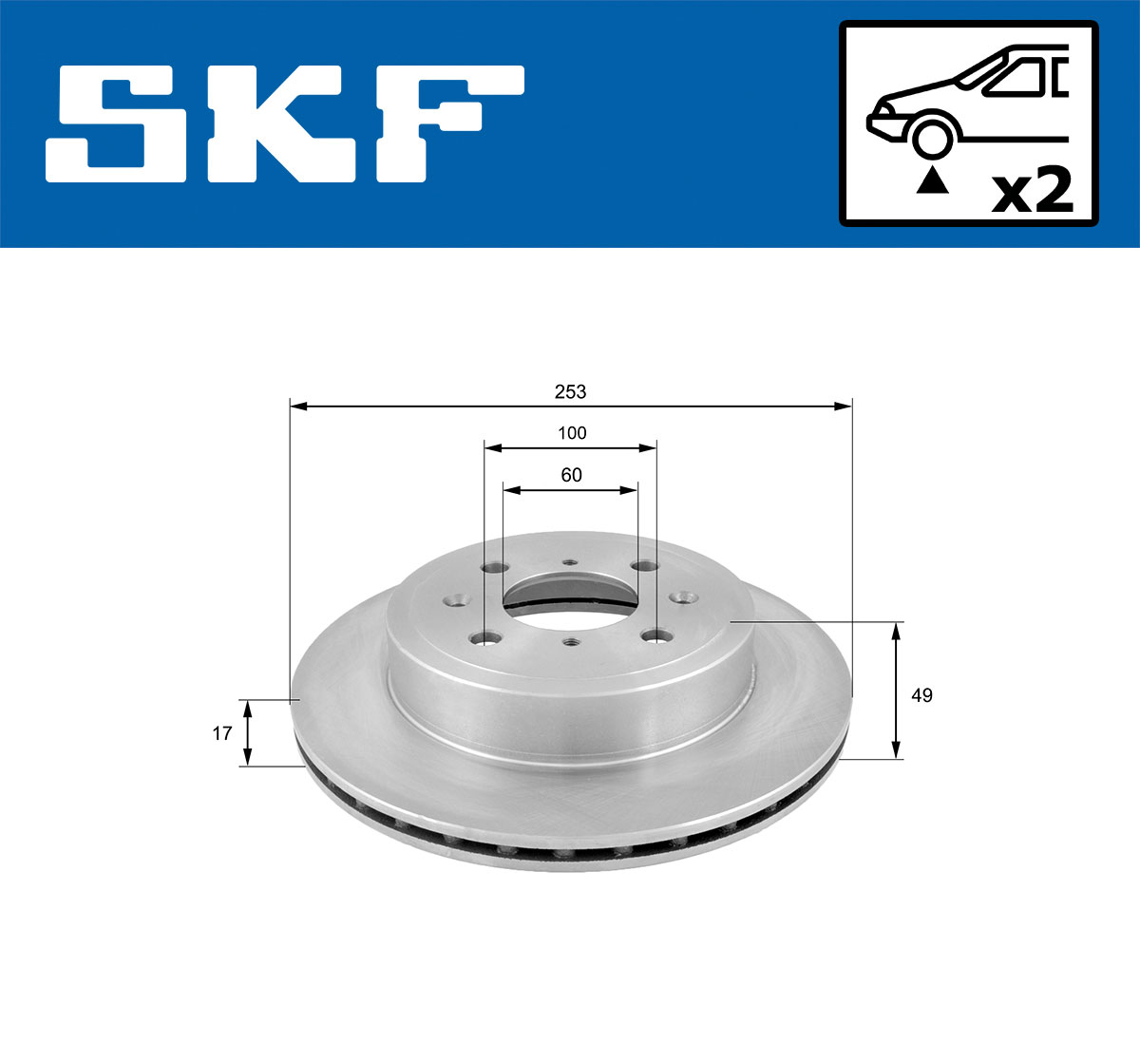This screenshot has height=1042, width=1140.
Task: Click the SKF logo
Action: tap(285, 123)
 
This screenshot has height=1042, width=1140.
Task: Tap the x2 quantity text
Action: tap(1031, 190)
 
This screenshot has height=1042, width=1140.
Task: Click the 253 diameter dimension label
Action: tap(570, 390)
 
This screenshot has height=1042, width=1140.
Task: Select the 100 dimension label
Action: tap(572, 433)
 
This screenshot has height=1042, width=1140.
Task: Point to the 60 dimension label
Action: tap(571, 475)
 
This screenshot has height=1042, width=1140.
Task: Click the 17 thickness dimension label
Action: tap(222, 733)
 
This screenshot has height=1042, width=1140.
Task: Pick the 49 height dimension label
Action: tap(921, 695)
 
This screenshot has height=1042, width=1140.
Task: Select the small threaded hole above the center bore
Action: tap(569, 562)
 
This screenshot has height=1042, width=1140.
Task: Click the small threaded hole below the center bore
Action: tap(569, 643)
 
